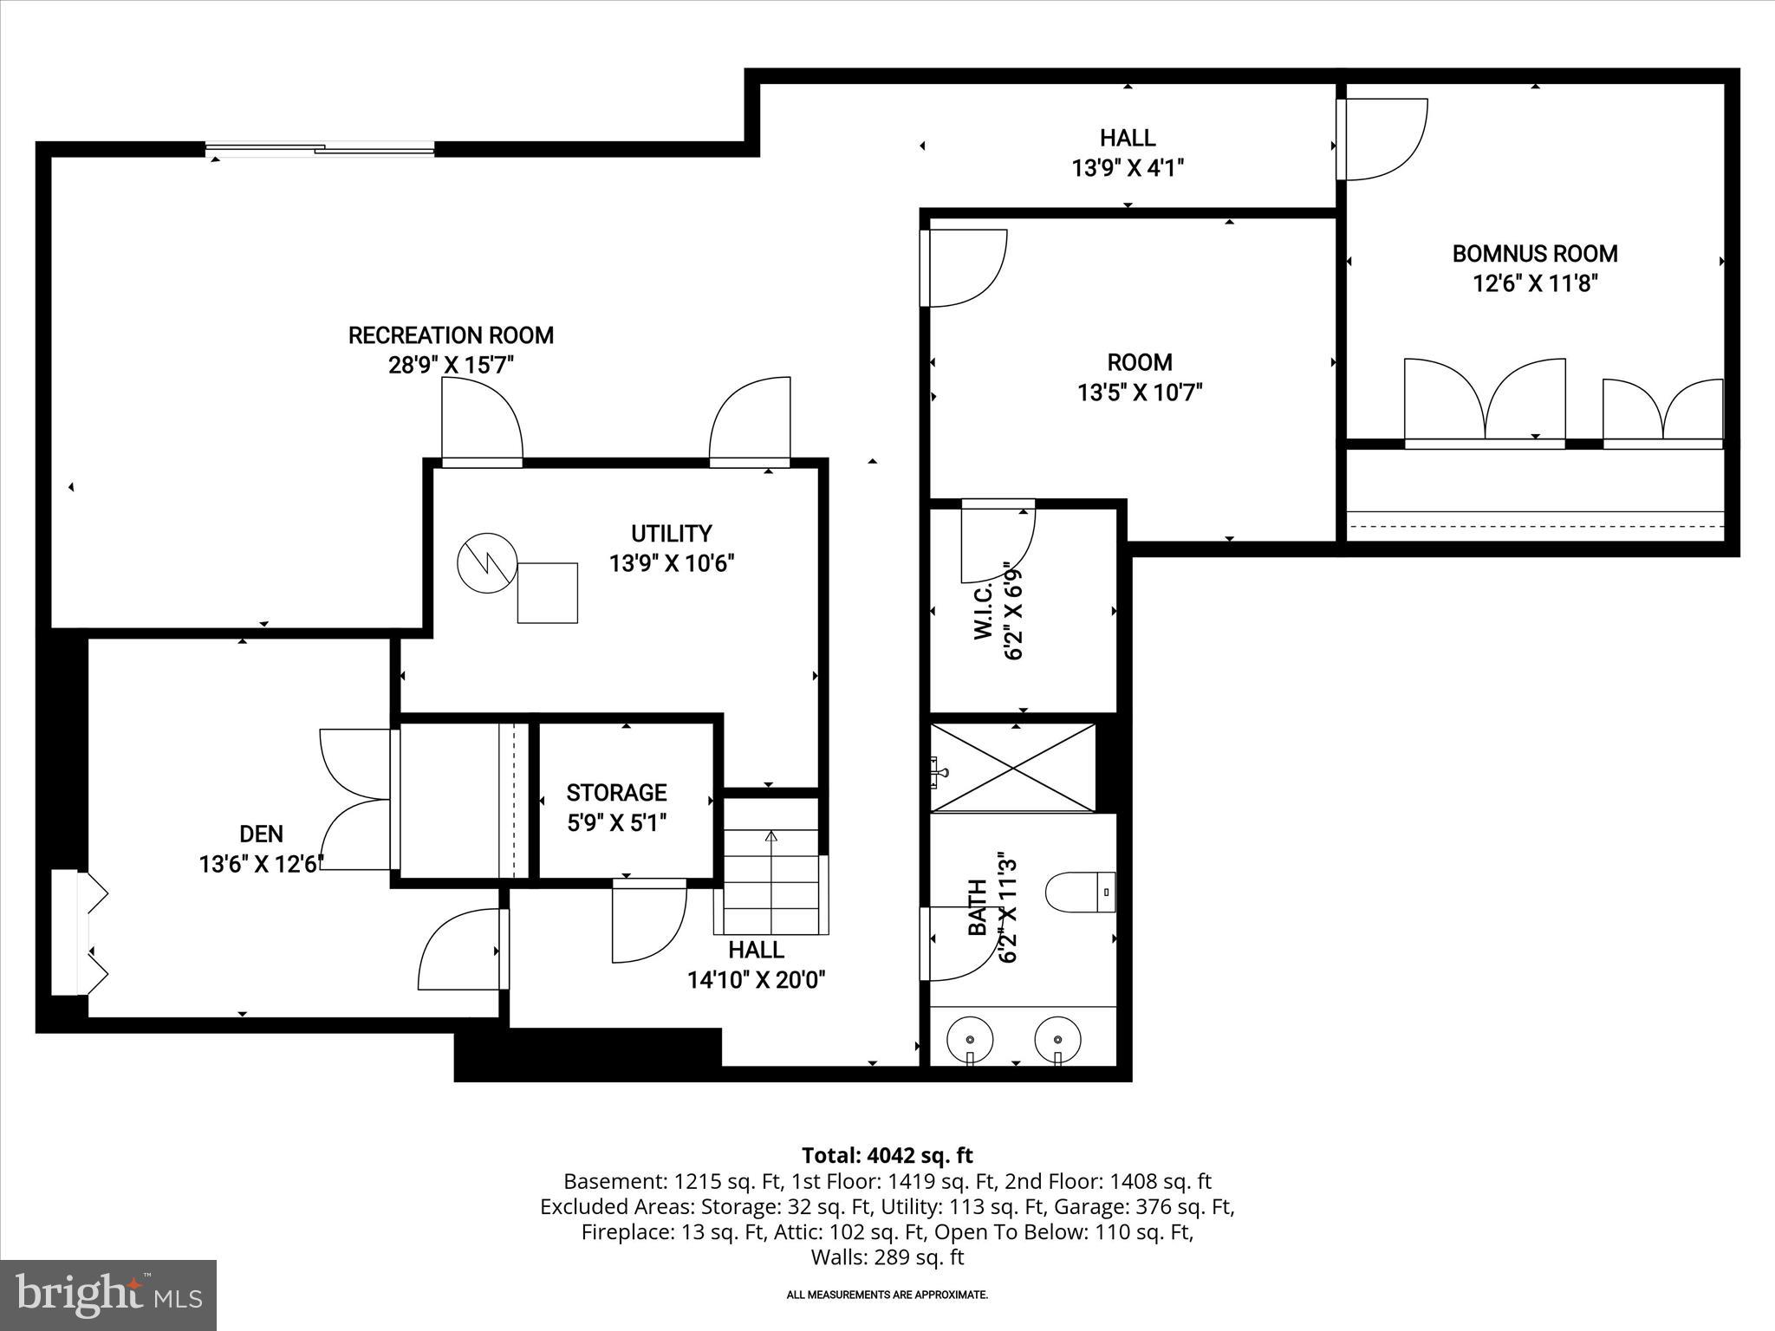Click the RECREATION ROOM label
point(451,335)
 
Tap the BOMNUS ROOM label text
point(1535,254)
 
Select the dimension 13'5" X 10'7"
point(1140,393)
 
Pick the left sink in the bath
point(969,1038)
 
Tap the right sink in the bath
point(1057,1038)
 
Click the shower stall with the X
point(1012,768)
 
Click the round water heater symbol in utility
point(486,563)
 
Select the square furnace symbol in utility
point(547,593)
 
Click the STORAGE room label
point(616,793)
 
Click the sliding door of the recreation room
point(321,150)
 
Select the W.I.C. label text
point(983,612)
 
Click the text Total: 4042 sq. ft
point(887,1155)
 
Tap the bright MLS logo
point(108,1295)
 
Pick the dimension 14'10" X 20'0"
point(756,980)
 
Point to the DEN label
point(261,834)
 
